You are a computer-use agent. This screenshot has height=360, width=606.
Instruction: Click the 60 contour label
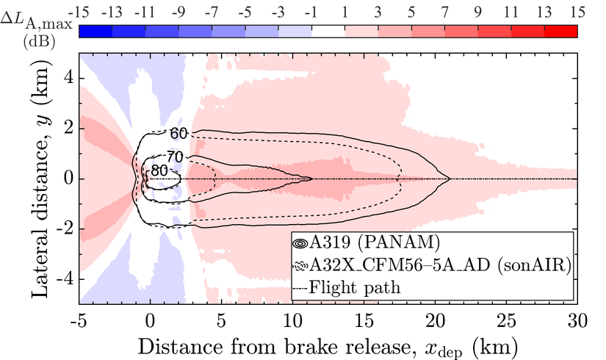point(179,133)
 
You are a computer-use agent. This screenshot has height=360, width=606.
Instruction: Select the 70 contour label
point(173,156)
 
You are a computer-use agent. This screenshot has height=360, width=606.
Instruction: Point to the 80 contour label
point(158,171)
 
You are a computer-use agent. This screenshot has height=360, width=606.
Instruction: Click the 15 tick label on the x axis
point(363,321)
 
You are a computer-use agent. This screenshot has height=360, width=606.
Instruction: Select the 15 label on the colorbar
point(577,11)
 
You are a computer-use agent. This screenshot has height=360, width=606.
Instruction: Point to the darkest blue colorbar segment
point(95,30)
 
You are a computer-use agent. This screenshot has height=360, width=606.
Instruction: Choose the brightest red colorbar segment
point(560,30)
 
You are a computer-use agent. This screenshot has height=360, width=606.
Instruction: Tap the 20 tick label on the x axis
point(434,321)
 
